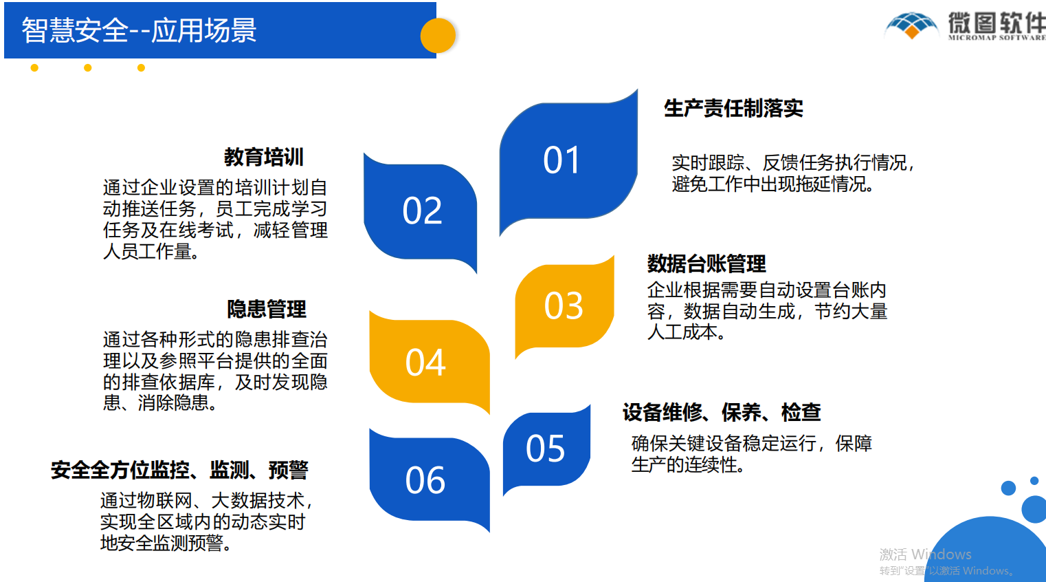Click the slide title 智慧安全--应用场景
point(139,30)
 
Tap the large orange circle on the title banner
point(438,36)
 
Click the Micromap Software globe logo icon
point(911,25)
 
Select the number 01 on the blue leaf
point(561,160)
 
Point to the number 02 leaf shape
point(421,213)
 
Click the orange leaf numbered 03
point(564,307)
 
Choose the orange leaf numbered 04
point(429,363)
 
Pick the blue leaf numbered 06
point(429,480)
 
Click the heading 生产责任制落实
point(733,109)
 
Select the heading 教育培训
point(264,157)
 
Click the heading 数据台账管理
point(706,263)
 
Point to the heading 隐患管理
point(267,309)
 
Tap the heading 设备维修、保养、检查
point(722,412)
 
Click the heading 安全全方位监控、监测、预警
point(179,470)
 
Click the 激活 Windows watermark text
point(925,554)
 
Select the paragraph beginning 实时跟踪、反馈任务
point(793,173)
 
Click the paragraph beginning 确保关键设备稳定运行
point(751,454)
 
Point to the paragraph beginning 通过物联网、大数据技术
point(207,521)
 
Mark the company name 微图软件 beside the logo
point(997,23)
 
